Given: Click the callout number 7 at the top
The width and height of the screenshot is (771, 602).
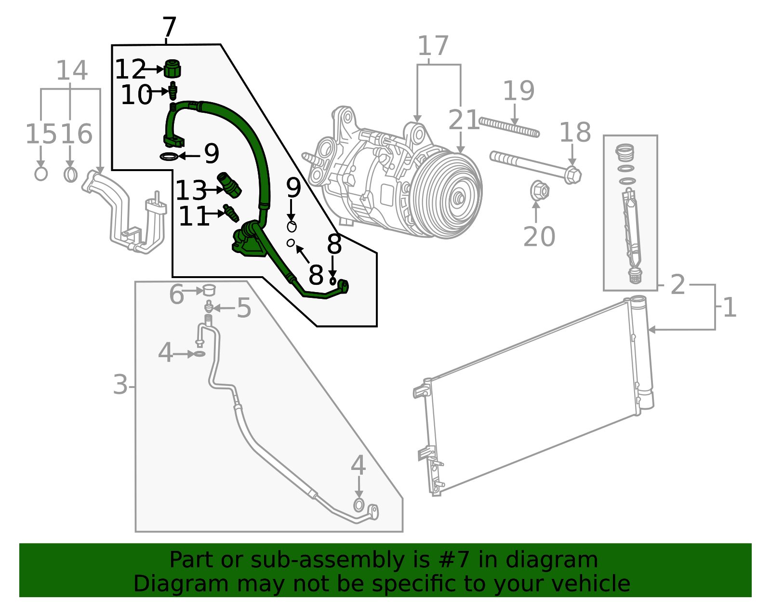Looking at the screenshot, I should pyautogui.click(x=169, y=28).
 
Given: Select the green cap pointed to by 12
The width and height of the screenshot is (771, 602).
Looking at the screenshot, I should pyautogui.click(x=172, y=69).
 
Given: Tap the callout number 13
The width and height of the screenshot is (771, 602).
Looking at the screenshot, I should pyautogui.click(x=190, y=191).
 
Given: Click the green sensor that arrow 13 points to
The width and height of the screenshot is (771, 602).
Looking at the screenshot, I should pyautogui.click(x=229, y=185).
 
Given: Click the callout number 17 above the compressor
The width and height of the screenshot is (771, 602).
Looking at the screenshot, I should pyautogui.click(x=433, y=46).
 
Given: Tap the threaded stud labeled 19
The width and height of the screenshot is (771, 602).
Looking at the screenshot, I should pyautogui.click(x=509, y=128).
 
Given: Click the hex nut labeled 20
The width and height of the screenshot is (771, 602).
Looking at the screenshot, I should pyautogui.click(x=539, y=191).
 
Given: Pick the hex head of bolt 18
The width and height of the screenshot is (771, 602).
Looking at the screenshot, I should pyautogui.click(x=572, y=174).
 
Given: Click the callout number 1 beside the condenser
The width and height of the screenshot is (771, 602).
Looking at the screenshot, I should pyautogui.click(x=730, y=308).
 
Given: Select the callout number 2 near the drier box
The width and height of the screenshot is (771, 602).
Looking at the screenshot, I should pyautogui.click(x=678, y=285).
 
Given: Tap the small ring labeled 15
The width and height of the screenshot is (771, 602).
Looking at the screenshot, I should pyautogui.click(x=41, y=174).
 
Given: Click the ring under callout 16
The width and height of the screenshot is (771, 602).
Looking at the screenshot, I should pyautogui.click(x=70, y=174).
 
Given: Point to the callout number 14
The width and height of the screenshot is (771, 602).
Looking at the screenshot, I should pyautogui.click(x=71, y=71).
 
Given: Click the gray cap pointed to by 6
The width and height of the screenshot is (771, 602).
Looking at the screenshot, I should pyautogui.click(x=209, y=290).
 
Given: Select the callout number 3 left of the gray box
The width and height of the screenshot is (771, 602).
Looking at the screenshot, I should pyautogui.click(x=120, y=385).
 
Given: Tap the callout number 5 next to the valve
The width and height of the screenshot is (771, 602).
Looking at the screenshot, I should pyautogui.click(x=244, y=308).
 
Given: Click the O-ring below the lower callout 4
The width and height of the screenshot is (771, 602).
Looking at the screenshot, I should pyautogui.click(x=359, y=505).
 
